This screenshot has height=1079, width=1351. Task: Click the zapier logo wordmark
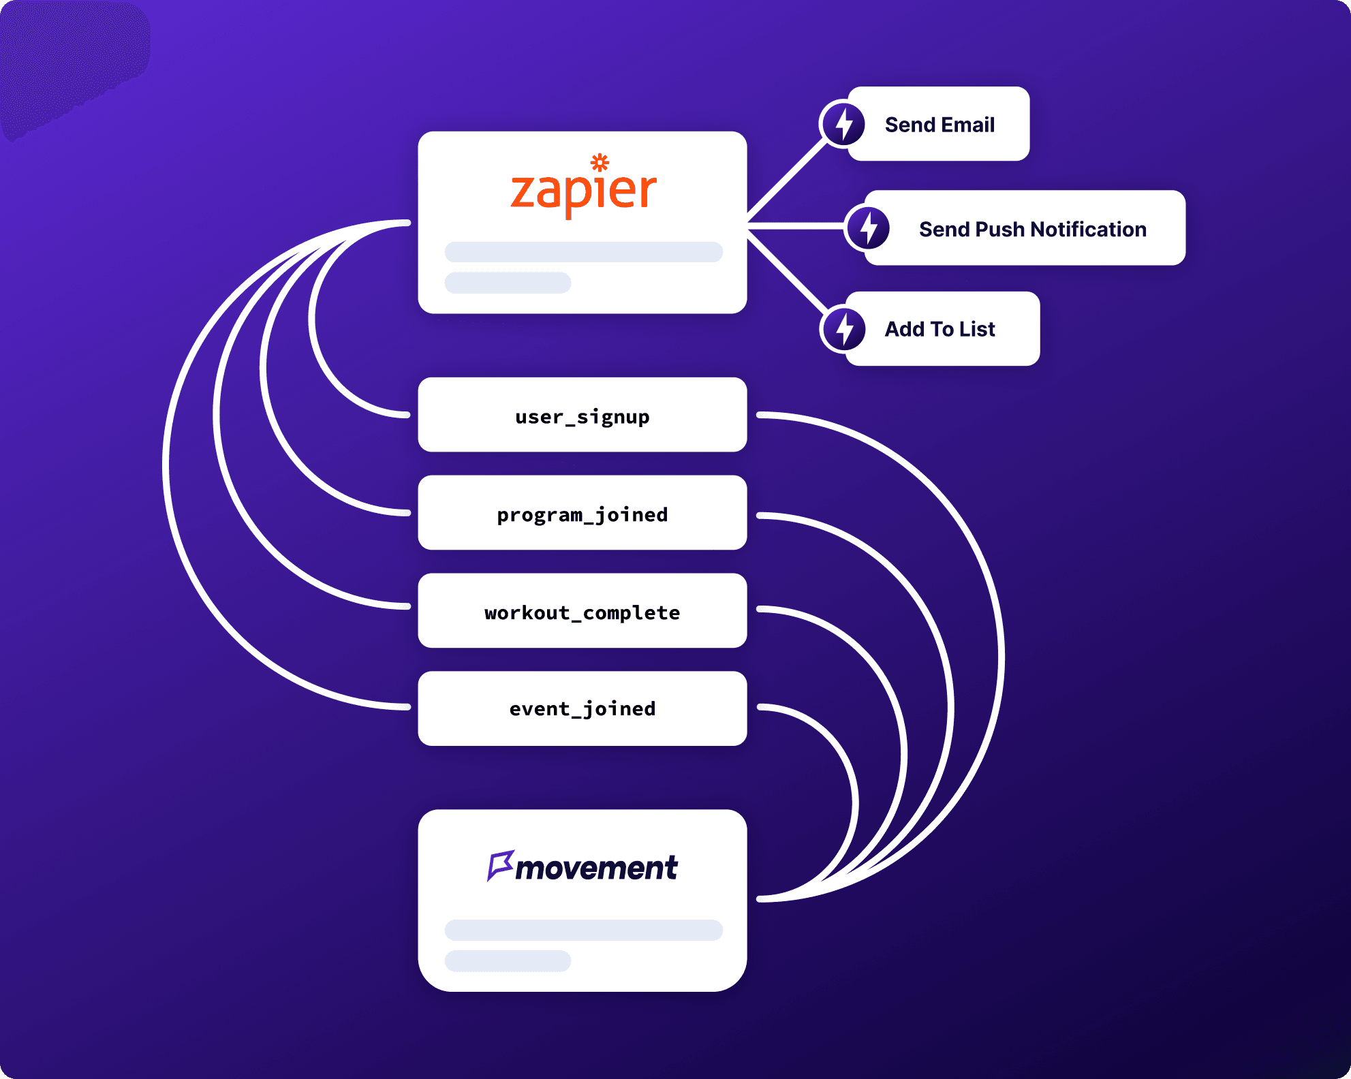click(583, 191)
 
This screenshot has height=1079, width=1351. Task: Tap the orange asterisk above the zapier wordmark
click(600, 162)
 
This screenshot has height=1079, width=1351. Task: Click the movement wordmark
click(597, 868)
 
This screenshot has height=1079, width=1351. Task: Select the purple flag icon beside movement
click(500, 865)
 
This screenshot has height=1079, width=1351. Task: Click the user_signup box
click(583, 415)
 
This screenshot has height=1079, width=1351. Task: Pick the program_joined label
click(583, 514)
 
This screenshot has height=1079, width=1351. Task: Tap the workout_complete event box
click(583, 611)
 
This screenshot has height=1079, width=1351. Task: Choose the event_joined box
click(583, 709)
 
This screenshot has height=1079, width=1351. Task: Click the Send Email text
click(940, 125)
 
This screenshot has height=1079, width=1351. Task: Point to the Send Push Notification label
click(1032, 230)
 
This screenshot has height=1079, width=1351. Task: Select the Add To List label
click(940, 329)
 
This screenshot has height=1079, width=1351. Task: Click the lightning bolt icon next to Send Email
click(843, 124)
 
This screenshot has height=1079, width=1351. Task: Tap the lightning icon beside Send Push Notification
click(868, 228)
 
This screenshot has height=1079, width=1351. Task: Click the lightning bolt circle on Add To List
click(844, 329)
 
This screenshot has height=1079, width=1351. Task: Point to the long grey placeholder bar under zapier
click(583, 252)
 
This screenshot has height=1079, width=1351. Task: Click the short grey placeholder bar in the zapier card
click(508, 283)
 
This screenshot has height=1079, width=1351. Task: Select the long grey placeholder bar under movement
click(583, 931)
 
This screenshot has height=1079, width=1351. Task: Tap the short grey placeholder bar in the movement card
click(508, 961)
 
